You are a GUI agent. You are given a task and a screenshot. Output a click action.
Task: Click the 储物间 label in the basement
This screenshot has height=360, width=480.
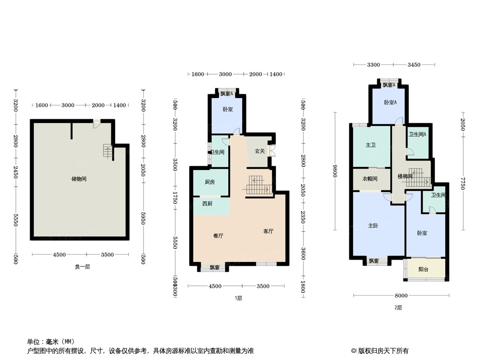click(79, 179)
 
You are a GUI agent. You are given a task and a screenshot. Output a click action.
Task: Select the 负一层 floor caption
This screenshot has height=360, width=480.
click(82, 266)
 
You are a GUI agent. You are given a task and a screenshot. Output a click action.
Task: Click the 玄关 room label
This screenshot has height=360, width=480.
click(260, 151)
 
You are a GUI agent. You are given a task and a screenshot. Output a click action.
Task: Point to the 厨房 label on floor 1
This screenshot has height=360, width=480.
click(209, 182)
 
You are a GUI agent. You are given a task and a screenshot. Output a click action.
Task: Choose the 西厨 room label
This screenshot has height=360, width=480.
click(207, 203)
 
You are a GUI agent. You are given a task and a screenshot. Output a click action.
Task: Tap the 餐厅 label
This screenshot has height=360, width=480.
click(218, 235)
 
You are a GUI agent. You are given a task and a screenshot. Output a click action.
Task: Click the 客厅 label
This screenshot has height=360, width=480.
click(268, 231)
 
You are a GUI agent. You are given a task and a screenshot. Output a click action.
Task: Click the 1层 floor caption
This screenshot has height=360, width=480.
click(238, 298)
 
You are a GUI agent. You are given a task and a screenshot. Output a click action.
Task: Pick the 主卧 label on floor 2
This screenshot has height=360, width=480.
click(373, 226)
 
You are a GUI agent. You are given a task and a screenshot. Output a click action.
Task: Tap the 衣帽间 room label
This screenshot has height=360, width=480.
click(370, 179)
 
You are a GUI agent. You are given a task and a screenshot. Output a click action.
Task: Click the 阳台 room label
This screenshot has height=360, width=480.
click(423, 270)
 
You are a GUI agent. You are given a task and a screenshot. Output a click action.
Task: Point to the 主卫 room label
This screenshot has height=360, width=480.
click(371, 145)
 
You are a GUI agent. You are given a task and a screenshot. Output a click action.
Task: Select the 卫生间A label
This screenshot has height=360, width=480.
click(417, 135)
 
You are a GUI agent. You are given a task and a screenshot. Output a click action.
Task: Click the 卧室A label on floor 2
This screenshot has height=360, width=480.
click(390, 103)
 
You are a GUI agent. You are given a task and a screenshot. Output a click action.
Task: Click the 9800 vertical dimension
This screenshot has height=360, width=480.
click(335, 171)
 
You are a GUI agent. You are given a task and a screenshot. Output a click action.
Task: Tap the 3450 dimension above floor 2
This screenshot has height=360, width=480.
click(414, 65)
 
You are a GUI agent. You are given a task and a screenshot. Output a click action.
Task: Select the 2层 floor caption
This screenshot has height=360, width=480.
click(398, 308)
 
